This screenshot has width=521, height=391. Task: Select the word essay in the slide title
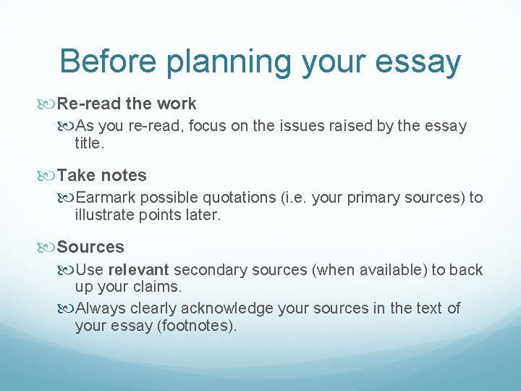click(x=415, y=63)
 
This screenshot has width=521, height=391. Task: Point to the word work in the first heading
click(x=177, y=104)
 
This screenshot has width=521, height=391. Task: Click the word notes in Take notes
click(x=124, y=175)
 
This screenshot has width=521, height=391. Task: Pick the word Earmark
click(x=106, y=198)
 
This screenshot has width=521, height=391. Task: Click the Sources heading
click(x=90, y=247)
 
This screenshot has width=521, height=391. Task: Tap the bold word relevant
click(x=138, y=269)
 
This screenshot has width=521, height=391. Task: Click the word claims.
click(x=159, y=287)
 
